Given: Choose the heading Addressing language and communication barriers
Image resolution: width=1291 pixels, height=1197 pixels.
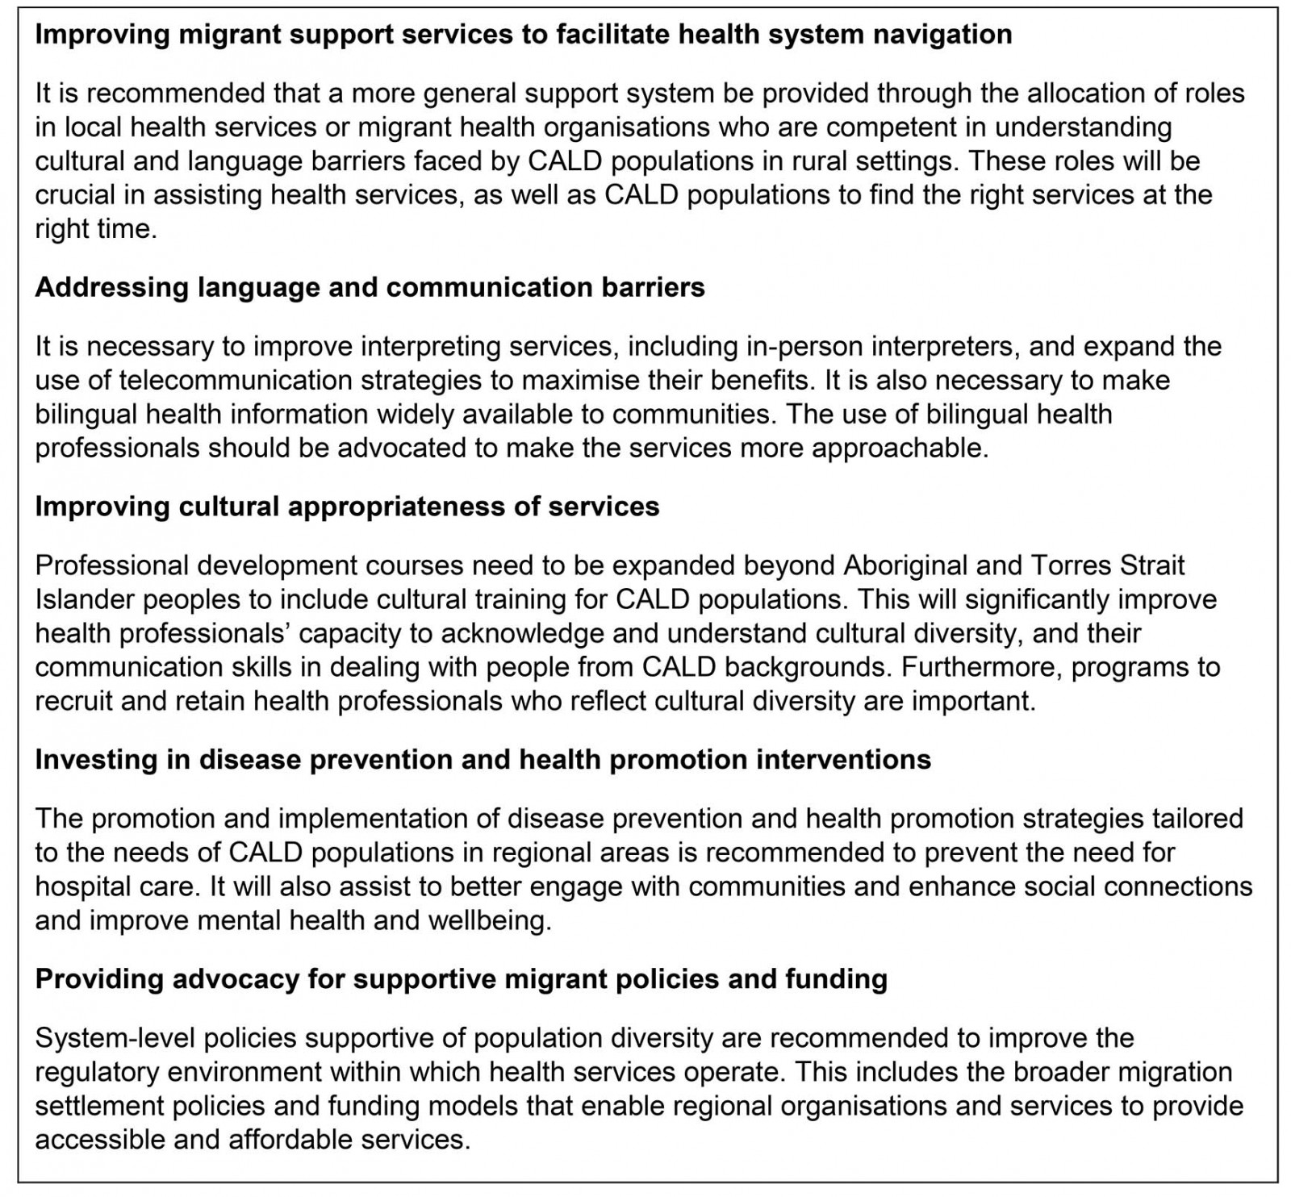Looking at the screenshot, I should click(370, 287).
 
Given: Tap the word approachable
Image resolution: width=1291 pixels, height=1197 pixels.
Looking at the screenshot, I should click(899, 448).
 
